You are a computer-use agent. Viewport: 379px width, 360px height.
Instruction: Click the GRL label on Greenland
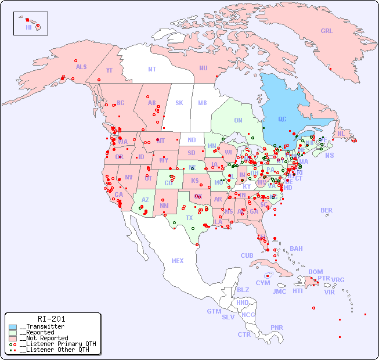pyautogui.click(x=327, y=31)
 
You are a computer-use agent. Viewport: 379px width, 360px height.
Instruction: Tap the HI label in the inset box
pyautogui.click(x=28, y=27)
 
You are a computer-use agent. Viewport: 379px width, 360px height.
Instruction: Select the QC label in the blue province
pyautogui.click(x=282, y=119)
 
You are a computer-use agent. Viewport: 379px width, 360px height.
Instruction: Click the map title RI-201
pyautogui.click(x=52, y=319)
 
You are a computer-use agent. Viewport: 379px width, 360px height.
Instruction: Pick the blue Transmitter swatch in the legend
pyautogui.click(x=13, y=327)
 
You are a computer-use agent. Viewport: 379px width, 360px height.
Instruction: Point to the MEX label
pyautogui.click(x=178, y=261)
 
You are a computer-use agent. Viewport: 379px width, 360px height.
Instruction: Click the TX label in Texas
pyautogui.click(x=189, y=218)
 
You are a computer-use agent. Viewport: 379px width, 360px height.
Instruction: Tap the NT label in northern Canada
pyautogui.click(x=152, y=69)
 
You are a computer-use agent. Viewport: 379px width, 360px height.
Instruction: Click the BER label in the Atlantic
pyautogui.click(x=327, y=210)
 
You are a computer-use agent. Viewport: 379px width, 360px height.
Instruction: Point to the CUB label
pyautogui.click(x=247, y=255)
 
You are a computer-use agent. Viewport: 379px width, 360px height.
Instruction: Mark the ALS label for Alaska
pyautogui.click(x=81, y=67)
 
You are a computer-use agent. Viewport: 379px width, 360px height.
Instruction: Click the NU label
pyautogui.click(x=203, y=68)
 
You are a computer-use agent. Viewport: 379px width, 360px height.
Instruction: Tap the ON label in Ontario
pyautogui.click(x=238, y=120)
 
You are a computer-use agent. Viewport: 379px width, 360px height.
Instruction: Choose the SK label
pyautogui.click(x=179, y=103)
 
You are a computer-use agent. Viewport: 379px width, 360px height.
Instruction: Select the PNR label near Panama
pyautogui.click(x=277, y=327)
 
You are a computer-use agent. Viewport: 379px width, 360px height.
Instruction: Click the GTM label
pyautogui.click(x=214, y=311)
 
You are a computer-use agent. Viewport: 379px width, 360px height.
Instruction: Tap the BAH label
pyautogui.click(x=296, y=249)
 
